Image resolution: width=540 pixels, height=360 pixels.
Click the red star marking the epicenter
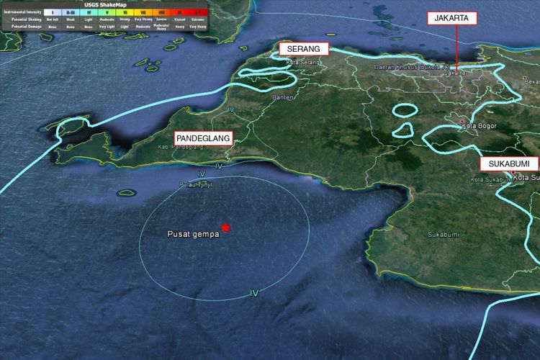[226, 228]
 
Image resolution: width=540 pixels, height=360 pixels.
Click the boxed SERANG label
[303, 49]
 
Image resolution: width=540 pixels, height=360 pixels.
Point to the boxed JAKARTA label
[451, 18]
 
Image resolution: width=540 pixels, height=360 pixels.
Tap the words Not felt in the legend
[53, 19]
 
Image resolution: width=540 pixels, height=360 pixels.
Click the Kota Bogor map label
[480, 127]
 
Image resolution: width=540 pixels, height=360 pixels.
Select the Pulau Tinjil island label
[196, 185]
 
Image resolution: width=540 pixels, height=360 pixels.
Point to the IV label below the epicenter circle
[253, 293]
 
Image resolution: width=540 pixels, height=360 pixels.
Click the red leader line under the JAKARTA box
[455, 48]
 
